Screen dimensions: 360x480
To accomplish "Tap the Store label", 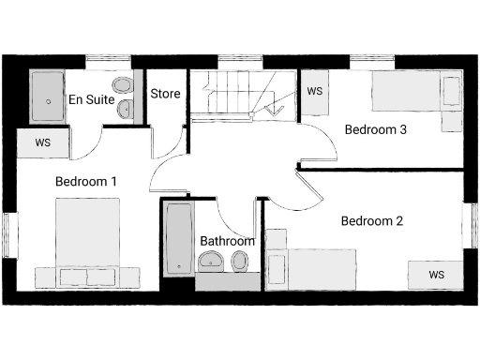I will (165, 94).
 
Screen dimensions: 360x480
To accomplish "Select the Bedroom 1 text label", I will (85, 181).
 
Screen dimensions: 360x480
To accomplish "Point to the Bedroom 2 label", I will (371, 222).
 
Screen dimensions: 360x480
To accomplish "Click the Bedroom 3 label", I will (375, 129).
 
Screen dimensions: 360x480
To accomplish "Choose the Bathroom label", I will (227, 240).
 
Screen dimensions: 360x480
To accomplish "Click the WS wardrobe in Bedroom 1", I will (42, 142).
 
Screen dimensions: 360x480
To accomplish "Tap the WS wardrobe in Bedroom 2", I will (436, 274).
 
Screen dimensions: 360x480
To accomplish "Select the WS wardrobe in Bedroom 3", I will (315, 92).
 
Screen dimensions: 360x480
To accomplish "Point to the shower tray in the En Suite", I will (46, 96).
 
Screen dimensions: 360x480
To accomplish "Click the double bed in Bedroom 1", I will (86, 246).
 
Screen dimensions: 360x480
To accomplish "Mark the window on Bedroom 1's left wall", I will (9, 239).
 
